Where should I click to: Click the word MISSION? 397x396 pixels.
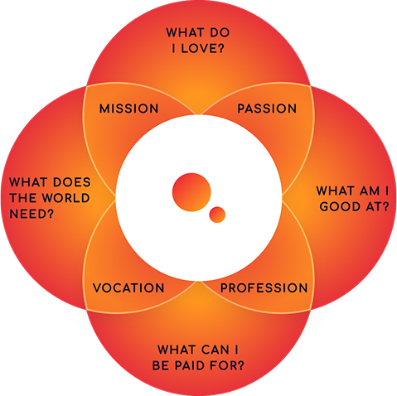coord(128,109)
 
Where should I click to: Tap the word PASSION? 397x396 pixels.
coord(267,109)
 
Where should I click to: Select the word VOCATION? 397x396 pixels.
coord(128,288)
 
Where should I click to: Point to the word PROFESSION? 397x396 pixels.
coord(264,288)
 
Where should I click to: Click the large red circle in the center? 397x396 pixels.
coord(191,192)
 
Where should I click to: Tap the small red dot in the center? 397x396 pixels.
coord(217,215)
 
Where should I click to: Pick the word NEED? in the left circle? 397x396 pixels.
coord(31,214)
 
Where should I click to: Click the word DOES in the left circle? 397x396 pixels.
coord(72,182)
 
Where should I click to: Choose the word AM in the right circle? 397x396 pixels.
coord(370,191)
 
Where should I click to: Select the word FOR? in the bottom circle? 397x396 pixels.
coord(227,365)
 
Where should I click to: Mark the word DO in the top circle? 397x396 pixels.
coord(220,32)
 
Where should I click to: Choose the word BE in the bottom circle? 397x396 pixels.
coord(161,365)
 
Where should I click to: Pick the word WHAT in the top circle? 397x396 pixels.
coord(186,32)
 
